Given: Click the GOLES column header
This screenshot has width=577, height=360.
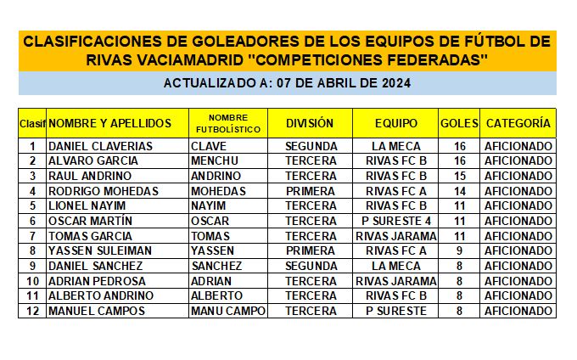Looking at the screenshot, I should (x=459, y=123).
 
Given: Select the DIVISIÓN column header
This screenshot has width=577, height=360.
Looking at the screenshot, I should (x=309, y=123).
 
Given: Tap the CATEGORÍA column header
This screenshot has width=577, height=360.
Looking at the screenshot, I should (x=518, y=123).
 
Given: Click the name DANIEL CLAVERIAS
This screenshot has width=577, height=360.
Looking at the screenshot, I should (x=100, y=146).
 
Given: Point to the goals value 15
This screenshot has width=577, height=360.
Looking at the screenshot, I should (x=459, y=176).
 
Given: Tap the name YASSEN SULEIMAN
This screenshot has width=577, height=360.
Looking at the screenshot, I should (x=100, y=250).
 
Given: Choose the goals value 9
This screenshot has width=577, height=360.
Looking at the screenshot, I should (x=459, y=250).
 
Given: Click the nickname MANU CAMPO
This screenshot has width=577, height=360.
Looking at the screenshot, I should (x=228, y=311).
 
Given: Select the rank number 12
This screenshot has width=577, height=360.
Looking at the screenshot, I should (x=32, y=311).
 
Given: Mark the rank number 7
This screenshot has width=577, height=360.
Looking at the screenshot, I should (x=32, y=236).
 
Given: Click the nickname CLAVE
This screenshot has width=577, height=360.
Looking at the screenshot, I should (x=209, y=146).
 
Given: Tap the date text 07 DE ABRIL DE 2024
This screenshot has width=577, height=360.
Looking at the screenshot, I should (x=344, y=83).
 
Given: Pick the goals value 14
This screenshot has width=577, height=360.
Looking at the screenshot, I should (x=459, y=191).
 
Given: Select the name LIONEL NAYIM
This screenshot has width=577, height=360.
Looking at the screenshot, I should (x=87, y=205).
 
